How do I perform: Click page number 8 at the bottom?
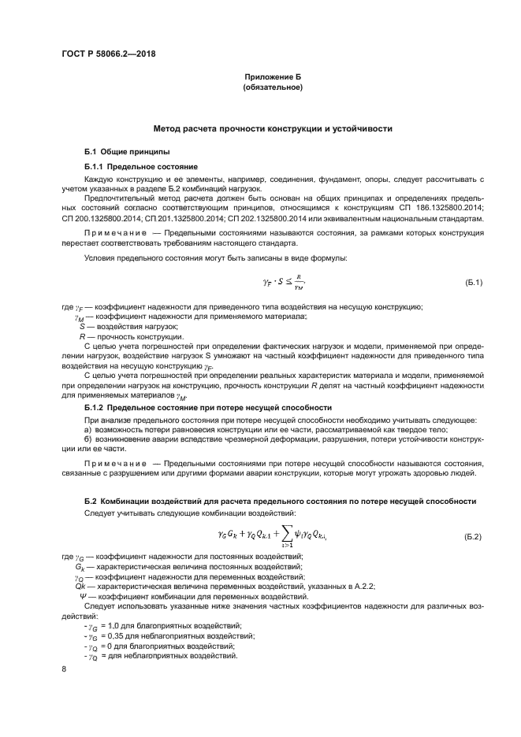pyautogui.click(x=64, y=668)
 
